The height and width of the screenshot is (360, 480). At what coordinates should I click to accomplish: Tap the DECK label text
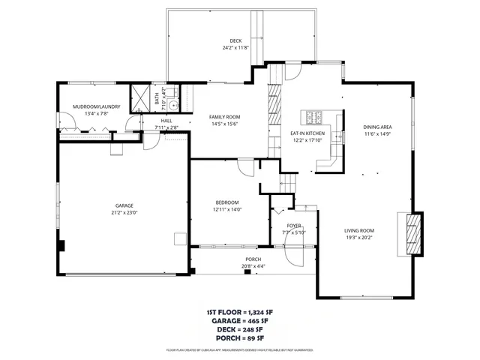235,40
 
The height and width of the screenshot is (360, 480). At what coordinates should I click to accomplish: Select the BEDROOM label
227,202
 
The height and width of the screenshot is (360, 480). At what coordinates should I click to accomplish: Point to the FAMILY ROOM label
224,118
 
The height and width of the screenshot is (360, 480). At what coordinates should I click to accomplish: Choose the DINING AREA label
378,127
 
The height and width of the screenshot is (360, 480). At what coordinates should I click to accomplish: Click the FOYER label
294,225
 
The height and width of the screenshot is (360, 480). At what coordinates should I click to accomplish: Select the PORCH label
253,259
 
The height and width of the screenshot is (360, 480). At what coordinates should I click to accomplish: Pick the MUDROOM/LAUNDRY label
90,107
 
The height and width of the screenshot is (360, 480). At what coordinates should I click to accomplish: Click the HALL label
166,121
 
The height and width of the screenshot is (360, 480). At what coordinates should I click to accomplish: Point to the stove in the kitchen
312,117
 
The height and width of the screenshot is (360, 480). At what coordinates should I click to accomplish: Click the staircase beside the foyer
289,181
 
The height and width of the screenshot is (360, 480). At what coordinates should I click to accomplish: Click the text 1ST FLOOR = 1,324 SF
240,311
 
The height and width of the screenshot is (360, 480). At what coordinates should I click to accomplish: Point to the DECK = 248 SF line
240,329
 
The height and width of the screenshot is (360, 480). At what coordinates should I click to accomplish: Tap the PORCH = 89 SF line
240,338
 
